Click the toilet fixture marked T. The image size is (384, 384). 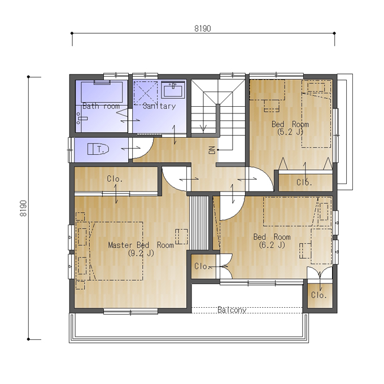click(x=98, y=149)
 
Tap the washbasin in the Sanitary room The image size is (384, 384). click(x=173, y=90)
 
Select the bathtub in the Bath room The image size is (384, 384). click(x=102, y=92)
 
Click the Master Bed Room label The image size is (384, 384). click(x=141, y=245)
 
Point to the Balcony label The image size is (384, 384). click(x=232, y=310)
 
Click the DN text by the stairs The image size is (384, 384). click(x=212, y=150)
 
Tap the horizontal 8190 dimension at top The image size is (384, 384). click(x=203, y=29)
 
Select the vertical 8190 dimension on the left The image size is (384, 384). click(x=23, y=208)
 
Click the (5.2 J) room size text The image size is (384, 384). click(x=290, y=132)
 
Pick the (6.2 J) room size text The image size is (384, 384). click(x=272, y=245)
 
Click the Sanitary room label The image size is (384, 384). click(x=159, y=106)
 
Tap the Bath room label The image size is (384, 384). click(x=101, y=106)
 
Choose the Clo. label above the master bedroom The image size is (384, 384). click(x=115, y=179)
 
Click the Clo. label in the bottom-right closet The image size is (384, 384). click(x=319, y=295)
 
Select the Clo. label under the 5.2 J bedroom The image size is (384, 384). click(x=304, y=182)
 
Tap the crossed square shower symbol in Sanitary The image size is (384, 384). click(x=146, y=93)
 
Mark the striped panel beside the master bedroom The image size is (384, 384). click(x=199, y=222)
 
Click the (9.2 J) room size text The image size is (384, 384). click(x=141, y=253)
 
